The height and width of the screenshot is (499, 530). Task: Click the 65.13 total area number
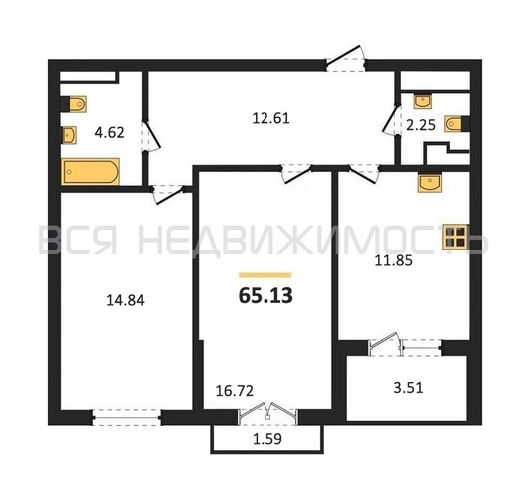(265, 296)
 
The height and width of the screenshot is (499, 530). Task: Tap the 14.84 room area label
(125, 300)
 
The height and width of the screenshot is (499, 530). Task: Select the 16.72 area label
(235, 391)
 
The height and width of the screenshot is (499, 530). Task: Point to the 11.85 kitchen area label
(394, 261)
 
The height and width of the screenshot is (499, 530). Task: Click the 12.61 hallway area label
(271, 118)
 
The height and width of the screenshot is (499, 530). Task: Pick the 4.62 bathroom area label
(109, 132)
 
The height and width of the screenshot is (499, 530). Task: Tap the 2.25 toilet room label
(421, 125)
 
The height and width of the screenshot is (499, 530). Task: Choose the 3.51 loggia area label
(408, 388)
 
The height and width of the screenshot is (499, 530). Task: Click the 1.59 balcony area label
(267, 439)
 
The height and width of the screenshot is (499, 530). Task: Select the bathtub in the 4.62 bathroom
(90, 172)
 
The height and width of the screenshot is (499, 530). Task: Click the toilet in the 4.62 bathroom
(73, 104)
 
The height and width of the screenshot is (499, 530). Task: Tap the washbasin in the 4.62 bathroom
(69, 135)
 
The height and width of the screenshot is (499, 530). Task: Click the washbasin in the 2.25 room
(423, 101)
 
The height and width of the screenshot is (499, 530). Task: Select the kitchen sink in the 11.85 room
(429, 183)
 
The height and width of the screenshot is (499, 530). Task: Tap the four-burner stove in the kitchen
(455, 237)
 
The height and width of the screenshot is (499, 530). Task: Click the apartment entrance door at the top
(346, 60)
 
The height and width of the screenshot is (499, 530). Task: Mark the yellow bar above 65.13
(265, 275)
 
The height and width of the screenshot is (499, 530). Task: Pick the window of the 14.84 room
(127, 418)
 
